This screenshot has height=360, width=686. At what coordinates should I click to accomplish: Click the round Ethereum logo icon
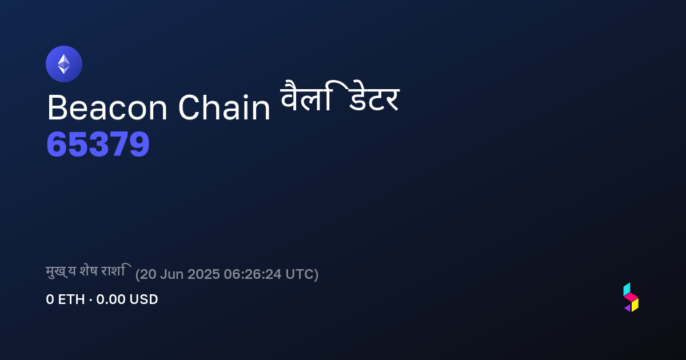(64, 64)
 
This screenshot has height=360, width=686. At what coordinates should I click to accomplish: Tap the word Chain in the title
(224, 107)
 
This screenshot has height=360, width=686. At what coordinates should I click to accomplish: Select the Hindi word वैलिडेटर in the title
(340, 96)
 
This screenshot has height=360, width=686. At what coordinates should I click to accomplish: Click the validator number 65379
(98, 144)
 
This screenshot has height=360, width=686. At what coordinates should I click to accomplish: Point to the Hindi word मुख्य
(61, 272)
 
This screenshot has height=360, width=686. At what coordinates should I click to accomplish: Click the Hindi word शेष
(89, 271)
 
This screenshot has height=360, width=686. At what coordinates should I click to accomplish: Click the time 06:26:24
(253, 274)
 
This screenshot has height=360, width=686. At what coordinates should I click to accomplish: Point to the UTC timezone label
(300, 274)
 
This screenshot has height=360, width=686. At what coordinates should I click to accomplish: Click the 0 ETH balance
(65, 299)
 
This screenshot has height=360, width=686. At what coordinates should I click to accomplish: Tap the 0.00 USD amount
(127, 299)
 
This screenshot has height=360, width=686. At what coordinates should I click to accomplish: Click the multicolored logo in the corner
(631, 297)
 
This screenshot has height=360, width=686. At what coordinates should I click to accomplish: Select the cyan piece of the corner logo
(627, 289)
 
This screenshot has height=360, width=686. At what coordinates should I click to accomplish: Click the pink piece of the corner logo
(631, 297)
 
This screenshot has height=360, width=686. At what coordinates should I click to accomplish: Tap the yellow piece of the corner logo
(635, 305)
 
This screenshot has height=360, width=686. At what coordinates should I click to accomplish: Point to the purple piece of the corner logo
(628, 308)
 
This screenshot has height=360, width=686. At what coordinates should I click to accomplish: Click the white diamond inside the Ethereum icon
(64, 64)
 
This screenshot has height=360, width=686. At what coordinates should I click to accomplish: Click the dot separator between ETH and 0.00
(91, 299)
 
